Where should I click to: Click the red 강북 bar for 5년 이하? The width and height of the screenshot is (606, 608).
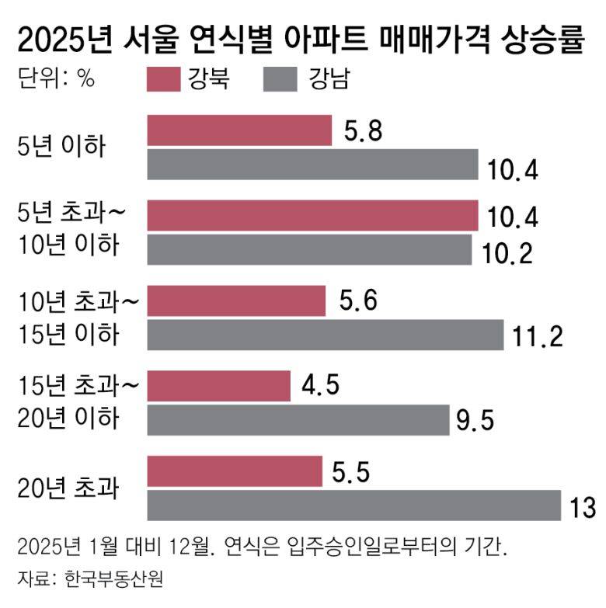coord(239,130)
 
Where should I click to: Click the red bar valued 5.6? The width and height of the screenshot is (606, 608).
coord(236,301)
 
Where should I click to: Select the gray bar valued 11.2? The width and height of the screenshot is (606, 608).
coord(326,335)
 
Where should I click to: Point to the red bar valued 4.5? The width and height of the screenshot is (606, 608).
coord(218,385)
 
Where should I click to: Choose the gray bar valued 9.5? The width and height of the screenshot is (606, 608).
coord(298,419)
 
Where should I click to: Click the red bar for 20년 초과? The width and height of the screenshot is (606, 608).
coord(235,471)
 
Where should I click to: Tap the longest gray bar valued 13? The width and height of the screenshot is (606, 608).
coord(353,505)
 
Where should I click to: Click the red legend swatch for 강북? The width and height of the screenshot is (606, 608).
coord(163,80)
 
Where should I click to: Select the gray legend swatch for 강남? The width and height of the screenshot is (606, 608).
coord(280,80)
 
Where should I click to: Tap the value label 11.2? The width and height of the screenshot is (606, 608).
coord(538,336)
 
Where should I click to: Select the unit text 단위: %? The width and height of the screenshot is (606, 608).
coord(55,80)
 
